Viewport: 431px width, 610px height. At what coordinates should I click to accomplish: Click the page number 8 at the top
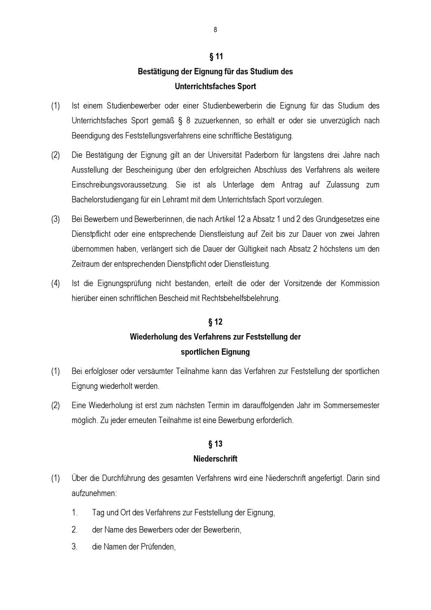click(x=215, y=30)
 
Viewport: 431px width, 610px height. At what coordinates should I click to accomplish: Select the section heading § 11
click(x=215, y=57)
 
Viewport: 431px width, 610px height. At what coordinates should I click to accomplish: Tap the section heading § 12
click(x=215, y=322)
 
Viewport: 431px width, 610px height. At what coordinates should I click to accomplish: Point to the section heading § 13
click(x=215, y=444)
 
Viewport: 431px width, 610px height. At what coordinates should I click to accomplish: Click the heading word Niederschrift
click(x=215, y=459)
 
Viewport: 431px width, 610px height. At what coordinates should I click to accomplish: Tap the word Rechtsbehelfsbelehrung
click(x=240, y=298)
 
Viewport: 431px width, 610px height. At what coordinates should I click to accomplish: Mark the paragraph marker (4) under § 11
click(x=56, y=283)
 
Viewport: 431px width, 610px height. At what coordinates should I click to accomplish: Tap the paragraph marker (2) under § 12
click(x=56, y=406)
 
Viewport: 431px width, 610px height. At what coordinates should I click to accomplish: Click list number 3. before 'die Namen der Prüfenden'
click(x=75, y=547)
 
